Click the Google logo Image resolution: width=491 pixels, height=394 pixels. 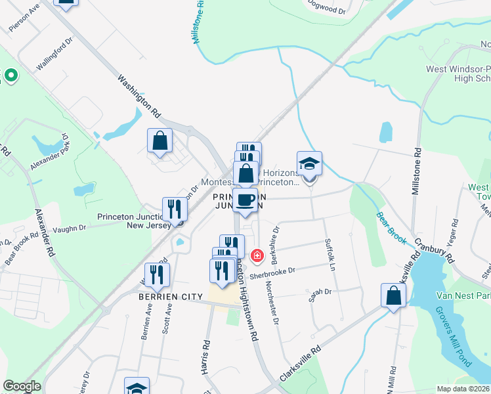point(22,386)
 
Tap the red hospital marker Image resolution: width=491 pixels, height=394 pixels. point(257,255)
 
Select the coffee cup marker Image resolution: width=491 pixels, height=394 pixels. point(245,200)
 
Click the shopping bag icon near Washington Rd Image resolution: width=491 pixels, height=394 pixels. point(160,141)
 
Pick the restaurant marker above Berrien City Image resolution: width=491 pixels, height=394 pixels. point(156,274)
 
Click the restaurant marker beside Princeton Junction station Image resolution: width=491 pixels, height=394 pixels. point(175,209)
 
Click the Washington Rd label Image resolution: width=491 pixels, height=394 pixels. point(139,96)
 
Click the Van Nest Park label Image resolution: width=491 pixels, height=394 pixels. point(463,295)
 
